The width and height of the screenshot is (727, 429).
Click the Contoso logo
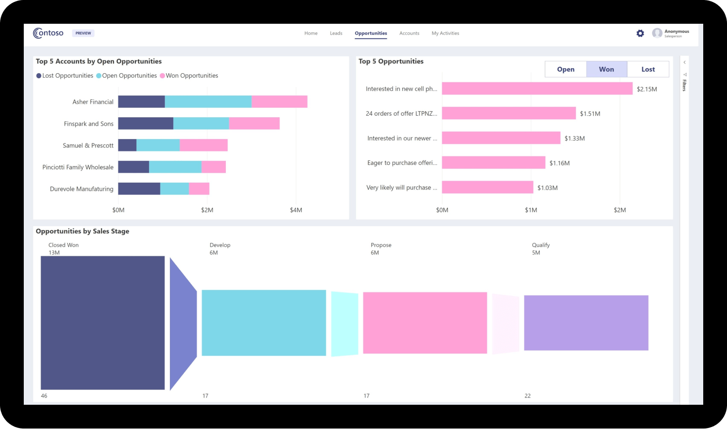[x=48, y=33]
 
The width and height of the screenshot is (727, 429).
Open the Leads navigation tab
[x=336, y=33]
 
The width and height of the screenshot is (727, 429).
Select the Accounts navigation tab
[x=409, y=33]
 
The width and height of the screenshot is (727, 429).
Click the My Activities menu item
[x=445, y=33]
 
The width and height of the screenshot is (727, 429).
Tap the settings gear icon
[x=640, y=33]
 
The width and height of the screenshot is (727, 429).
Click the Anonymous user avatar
[x=657, y=33]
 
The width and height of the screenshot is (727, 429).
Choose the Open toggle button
[x=566, y=69]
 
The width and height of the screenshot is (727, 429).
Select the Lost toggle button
[x=648, y=69]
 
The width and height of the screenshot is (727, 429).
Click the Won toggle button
[x=607, y=69]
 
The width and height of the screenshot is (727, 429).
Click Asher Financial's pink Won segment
[x=279, y=101]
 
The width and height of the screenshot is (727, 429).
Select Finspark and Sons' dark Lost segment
[x=146, y=123]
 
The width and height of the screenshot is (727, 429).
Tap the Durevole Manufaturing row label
[x=82, y=189]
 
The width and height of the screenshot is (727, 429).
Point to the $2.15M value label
[x=647, y=89]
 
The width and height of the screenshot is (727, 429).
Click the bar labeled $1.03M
[x=487, y=187]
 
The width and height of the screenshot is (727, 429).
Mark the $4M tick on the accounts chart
[x=296, y=210]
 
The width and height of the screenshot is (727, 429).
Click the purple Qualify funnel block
[x=586, y=323]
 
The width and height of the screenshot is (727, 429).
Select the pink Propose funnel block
[x=425, y=323]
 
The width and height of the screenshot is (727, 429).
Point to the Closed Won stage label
[x=63, y=245]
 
